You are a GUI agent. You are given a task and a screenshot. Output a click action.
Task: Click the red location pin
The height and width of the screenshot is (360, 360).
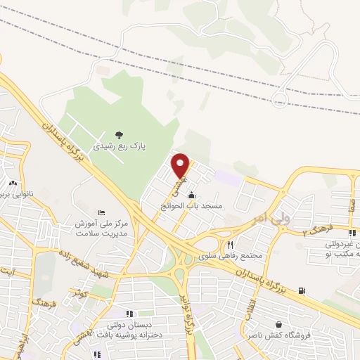click(x=181, y=165)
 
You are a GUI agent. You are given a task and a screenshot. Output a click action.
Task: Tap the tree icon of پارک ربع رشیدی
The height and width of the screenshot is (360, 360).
click(x=118, y=135)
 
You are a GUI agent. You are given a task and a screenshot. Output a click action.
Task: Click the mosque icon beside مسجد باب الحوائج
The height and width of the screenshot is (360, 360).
click(x=192, y=195)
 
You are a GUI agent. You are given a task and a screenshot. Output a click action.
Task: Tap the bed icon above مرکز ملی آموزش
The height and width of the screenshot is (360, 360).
click(x=103, y=212)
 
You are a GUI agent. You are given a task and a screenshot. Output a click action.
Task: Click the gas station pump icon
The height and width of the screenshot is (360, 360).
click(x=302, y=290)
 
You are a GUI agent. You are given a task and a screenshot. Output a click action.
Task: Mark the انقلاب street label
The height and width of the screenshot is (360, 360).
click(x=268, y=312)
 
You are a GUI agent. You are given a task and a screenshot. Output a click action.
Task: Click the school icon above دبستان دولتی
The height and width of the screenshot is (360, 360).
click(x=129, y=314)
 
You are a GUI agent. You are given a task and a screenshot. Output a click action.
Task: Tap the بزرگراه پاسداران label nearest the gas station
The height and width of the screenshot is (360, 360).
click(x=260, y=281)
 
